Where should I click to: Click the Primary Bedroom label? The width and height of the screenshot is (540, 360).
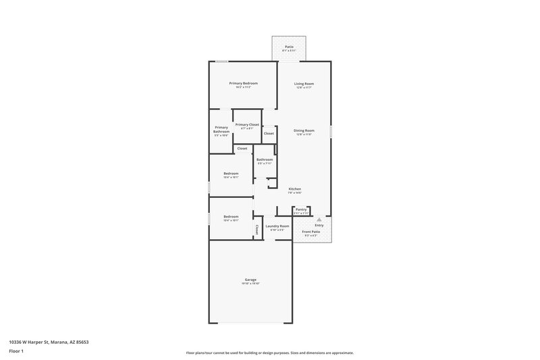click(243, 83)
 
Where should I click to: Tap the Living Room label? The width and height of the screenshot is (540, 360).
click(304, 84)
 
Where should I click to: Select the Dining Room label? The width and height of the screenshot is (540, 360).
click(304, 130)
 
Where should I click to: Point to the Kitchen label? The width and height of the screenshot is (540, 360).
click(295, 188)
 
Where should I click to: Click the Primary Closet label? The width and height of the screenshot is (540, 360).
click(246, 124)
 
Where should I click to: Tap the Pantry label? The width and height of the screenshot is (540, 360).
click(301, 209)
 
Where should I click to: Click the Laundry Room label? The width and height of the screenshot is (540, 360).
click(277, 226)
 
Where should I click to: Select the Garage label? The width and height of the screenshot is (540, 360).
click(250, 280)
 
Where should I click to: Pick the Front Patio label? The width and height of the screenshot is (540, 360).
click(310, 232)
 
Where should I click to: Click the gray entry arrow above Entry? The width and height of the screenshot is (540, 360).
click(319, 220)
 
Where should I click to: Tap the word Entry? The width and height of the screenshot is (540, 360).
click(319, 226)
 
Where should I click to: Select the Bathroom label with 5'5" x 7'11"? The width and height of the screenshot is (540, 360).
click(264, 159)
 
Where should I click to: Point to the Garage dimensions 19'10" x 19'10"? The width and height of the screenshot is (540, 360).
click(250, 284)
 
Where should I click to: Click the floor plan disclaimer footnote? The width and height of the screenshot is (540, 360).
click(269, 353)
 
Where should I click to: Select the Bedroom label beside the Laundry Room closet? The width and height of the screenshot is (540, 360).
click(231, 216)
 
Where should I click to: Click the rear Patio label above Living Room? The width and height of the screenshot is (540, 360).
click(289, 47)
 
